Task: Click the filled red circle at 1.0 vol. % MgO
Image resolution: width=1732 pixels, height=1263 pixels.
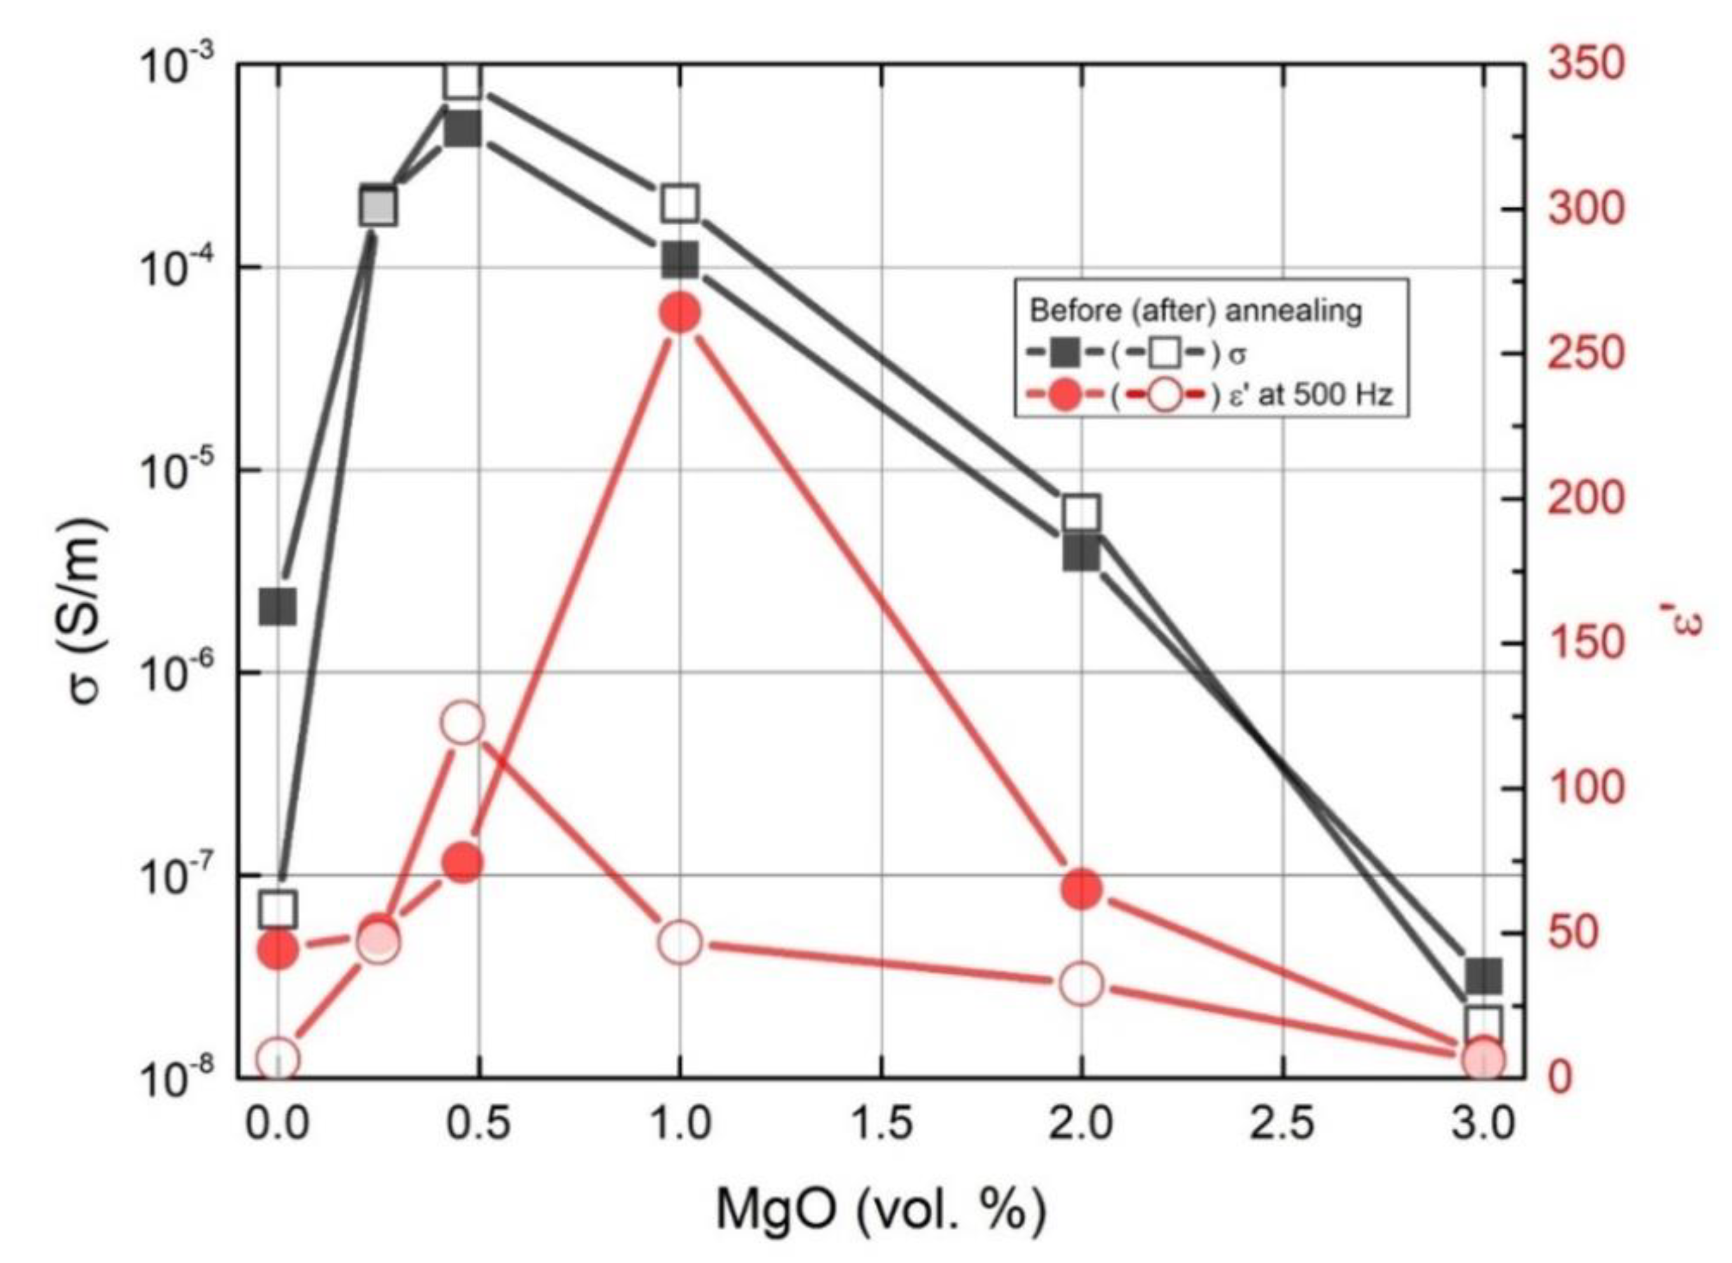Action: [x=680, y=313]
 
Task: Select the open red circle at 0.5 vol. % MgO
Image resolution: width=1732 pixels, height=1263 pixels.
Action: [x=463, y=723]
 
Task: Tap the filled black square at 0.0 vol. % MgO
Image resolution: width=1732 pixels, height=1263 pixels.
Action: [x=277, y=608]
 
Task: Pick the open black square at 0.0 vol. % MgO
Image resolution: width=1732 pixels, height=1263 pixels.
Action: [x=277, y=909]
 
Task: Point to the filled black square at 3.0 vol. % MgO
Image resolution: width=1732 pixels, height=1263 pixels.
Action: [x=1483, y=976]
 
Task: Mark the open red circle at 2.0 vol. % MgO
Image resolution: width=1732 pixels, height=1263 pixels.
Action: [x=1081, y=984]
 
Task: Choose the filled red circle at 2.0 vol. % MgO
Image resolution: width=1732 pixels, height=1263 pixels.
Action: [x=1081, y=888]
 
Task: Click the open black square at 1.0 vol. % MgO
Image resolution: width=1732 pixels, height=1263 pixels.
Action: [x=680, y=204]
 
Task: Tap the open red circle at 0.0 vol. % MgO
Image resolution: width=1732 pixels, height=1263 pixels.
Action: [x=277, y=1059]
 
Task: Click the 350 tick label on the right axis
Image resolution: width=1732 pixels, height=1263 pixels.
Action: [x=1586, y=64]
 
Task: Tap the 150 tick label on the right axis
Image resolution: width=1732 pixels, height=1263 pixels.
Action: [x=1586, y=644]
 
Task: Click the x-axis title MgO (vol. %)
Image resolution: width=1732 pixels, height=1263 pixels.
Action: [x=881, y=1211]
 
